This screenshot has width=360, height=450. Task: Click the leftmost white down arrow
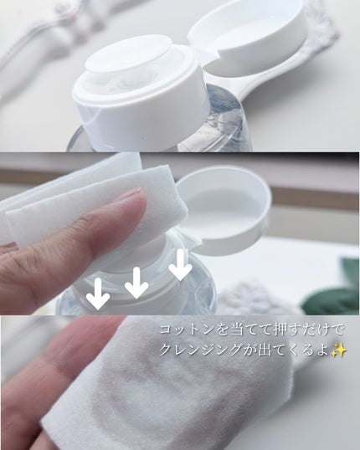98,294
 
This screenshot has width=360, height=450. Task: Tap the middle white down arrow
136,283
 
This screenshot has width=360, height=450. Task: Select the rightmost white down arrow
180,264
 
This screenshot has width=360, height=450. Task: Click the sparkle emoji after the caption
339,350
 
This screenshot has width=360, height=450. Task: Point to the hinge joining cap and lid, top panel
204,59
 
